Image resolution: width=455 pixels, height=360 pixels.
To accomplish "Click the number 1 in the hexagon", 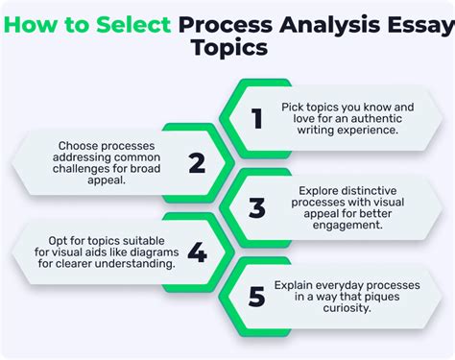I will pos(256,118).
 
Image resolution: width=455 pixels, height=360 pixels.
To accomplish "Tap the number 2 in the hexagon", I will pos(197,163).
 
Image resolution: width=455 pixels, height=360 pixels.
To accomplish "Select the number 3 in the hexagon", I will pos(256,207).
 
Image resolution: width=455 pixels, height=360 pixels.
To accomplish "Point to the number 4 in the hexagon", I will pos(197,252).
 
